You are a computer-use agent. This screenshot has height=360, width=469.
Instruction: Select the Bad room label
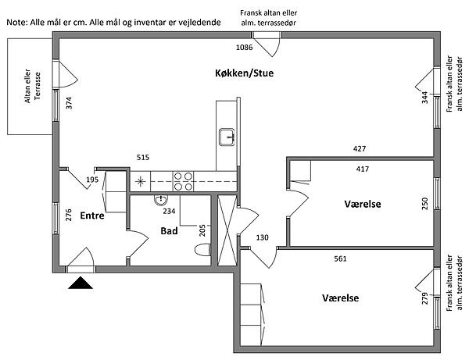tap(170, 231)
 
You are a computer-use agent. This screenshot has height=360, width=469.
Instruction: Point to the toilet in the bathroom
tap(202, 249)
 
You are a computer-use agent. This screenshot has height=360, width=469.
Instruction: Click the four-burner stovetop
tap(183, 181)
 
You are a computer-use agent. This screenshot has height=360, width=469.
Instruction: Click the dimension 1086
tap(245, 48)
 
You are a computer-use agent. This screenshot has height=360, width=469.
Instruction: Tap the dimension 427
tap(360, 149)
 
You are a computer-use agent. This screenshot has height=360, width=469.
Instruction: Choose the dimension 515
tap(142, 157)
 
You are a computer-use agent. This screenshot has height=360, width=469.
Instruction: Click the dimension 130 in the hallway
tap(263, 238)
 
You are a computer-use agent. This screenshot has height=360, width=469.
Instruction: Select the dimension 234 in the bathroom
tap(169, 212)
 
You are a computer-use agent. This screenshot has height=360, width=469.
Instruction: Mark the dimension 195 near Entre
tap(92, 180)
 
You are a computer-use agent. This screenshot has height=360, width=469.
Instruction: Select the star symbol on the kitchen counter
tap(140, 182)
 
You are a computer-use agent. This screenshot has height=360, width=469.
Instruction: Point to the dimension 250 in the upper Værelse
tap(425, 204)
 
